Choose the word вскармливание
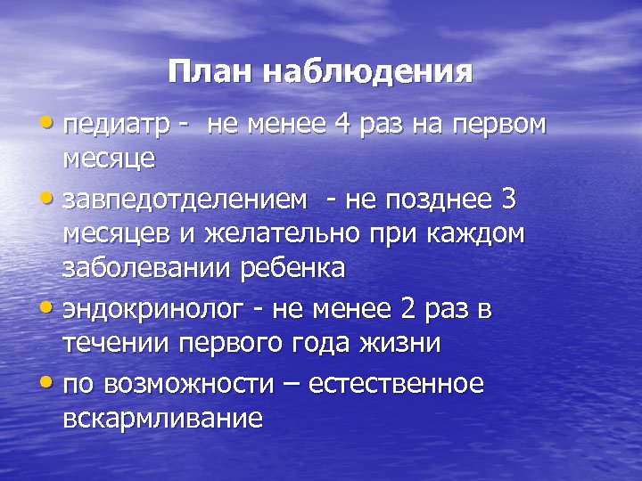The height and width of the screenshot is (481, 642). tap(163, 418)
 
